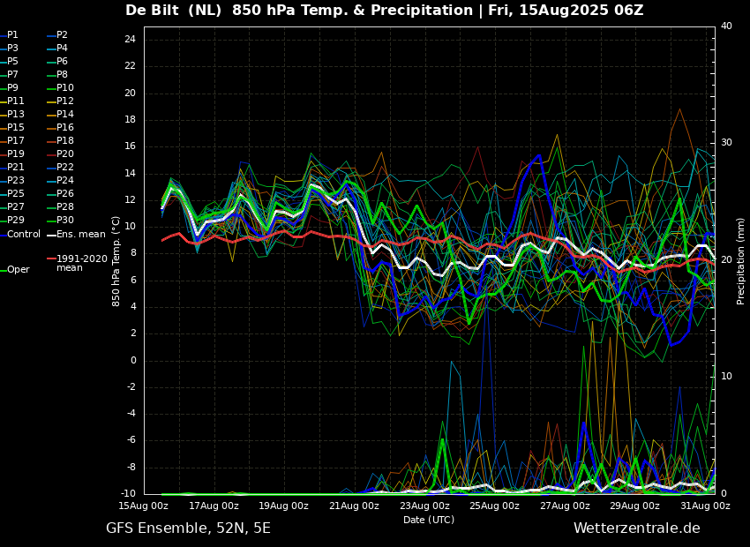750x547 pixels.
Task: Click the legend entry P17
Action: tap(12, 140)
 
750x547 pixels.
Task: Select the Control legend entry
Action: tap(20, 235)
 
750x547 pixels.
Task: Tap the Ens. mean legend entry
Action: tap(77, 235)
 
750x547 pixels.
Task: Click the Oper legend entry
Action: tap(16, 270)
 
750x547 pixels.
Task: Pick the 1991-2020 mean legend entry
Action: tap(78, 263)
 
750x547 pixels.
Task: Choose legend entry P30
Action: tap(61, 220)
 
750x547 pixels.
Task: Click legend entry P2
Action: tap(58, 35)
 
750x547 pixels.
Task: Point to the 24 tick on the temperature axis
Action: tap(130, 40)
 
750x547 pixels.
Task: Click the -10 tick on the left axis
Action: tap(128, 493)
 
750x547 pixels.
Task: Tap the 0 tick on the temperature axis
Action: tap(133, 361)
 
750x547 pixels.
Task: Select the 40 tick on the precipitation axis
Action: tap(726, 26)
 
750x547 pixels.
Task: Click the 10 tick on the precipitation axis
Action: tap(726, 377)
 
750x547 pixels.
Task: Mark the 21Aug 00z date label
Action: tap(355, 506)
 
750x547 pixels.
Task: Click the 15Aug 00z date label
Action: tap(144, 506)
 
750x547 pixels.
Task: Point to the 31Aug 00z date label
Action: tap(706, 506)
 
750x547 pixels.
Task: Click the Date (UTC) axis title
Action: tap(429, 520)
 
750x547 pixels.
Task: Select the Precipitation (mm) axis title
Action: tap(741, 259)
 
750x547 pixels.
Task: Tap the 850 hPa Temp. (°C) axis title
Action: tap(116, 261)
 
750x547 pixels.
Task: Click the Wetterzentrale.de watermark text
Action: tap(637, 528)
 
